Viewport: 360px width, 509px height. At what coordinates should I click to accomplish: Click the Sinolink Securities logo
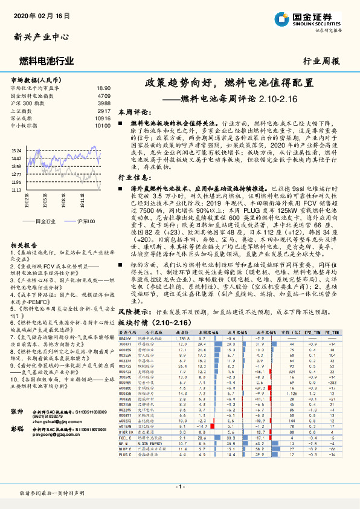click(312, 18)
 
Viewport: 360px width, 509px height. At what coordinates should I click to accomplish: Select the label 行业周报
click(321, 60)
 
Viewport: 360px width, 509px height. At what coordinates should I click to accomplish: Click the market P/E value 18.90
click(104, 88)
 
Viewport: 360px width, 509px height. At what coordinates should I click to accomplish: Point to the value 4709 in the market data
click(104, 96)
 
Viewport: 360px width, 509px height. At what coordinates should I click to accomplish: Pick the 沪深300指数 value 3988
click(104, 103)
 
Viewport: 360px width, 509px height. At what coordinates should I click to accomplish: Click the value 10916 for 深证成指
click(102, 118)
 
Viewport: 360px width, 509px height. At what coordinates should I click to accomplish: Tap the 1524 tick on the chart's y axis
click(16, 150)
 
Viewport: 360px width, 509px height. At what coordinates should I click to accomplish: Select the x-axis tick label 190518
click(47, 200)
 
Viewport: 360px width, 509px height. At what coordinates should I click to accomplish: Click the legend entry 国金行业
click(46, 222)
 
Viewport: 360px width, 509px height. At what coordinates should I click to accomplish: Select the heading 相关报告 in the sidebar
click(25, 244)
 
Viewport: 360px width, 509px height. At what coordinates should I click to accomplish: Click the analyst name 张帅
click(17, 411)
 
